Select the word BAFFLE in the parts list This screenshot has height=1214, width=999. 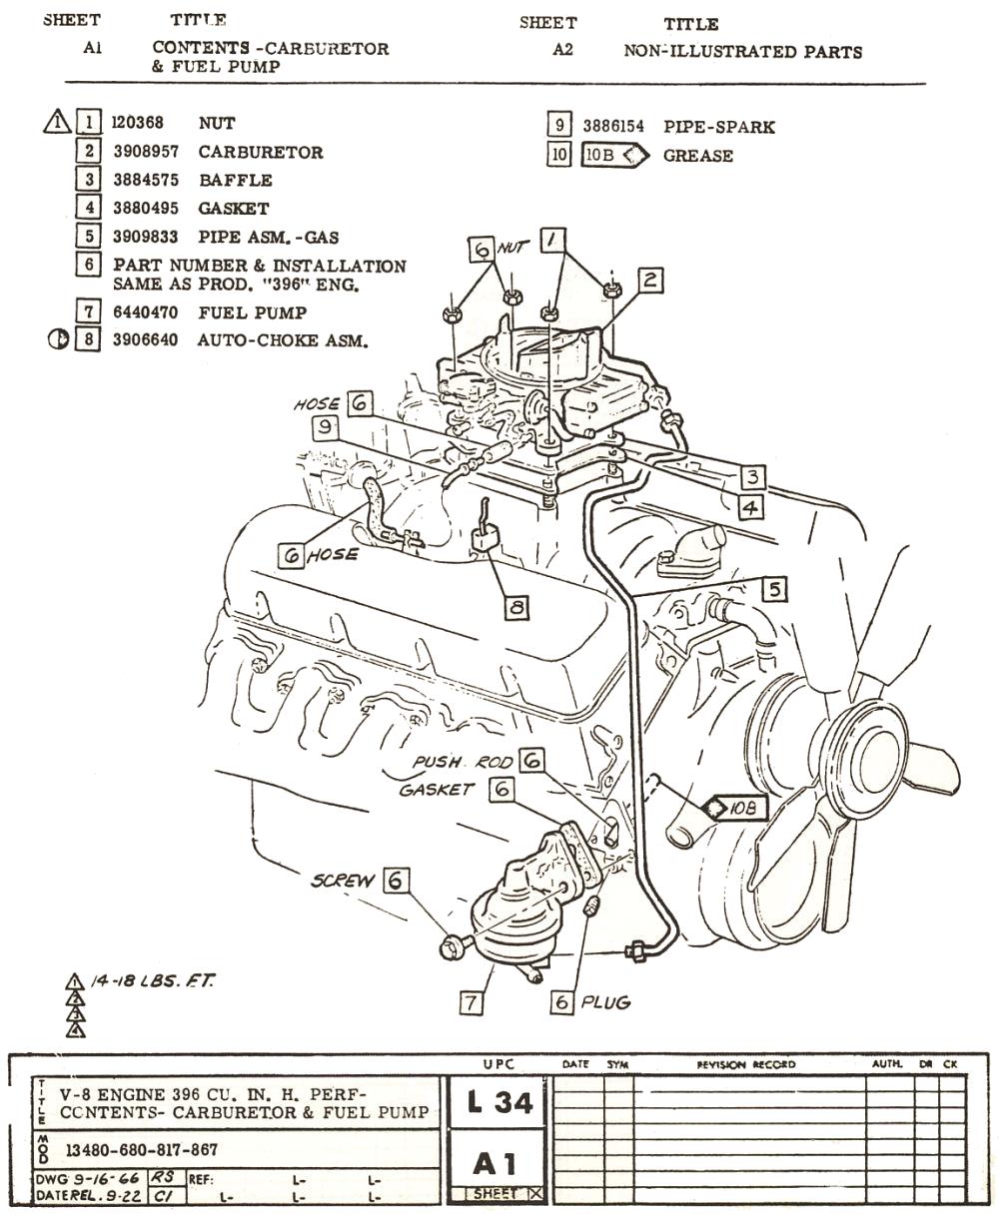(235, 181)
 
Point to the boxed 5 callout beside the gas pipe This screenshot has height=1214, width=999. (774, 589)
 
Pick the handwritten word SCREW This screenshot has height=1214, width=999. (343, 881)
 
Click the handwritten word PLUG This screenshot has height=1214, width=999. (606, 1001)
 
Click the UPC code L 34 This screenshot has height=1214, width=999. (499, 1103)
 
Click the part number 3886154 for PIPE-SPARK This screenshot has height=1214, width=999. (613, 127)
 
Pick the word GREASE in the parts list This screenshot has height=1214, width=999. (697, 156)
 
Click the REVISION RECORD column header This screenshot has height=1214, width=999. (747, 1064)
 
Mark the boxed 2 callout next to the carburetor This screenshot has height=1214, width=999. (650, 280)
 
